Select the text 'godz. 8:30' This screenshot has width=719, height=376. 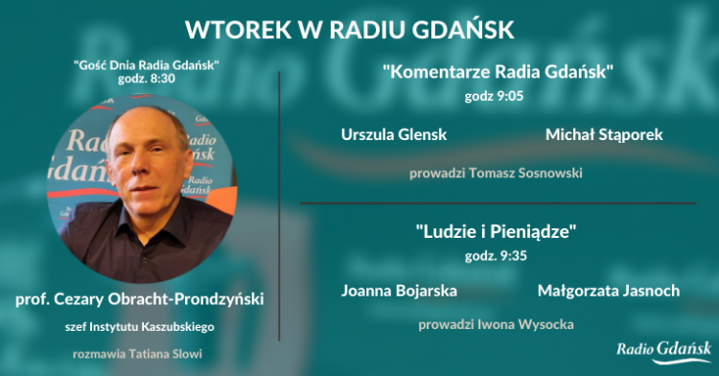pyautogui.click(x=147, y=79)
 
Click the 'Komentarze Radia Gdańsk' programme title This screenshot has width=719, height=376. pyautogui.click(x=498, y=71)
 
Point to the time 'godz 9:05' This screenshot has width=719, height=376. pyautogui.click(x=497, y=96)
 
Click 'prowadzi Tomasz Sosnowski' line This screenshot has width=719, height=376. pyautogui.click(x=496, y=174)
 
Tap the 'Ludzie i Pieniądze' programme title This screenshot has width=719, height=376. pyautogui.click(x=497, y=233)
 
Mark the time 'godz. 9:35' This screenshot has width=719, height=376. pyautogui.click(x=497, y=256)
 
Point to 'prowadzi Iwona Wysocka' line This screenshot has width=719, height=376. pyautogui.click(x=496, y=324)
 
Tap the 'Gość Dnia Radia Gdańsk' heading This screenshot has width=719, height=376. pyautogui.click(x=147, y=63)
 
